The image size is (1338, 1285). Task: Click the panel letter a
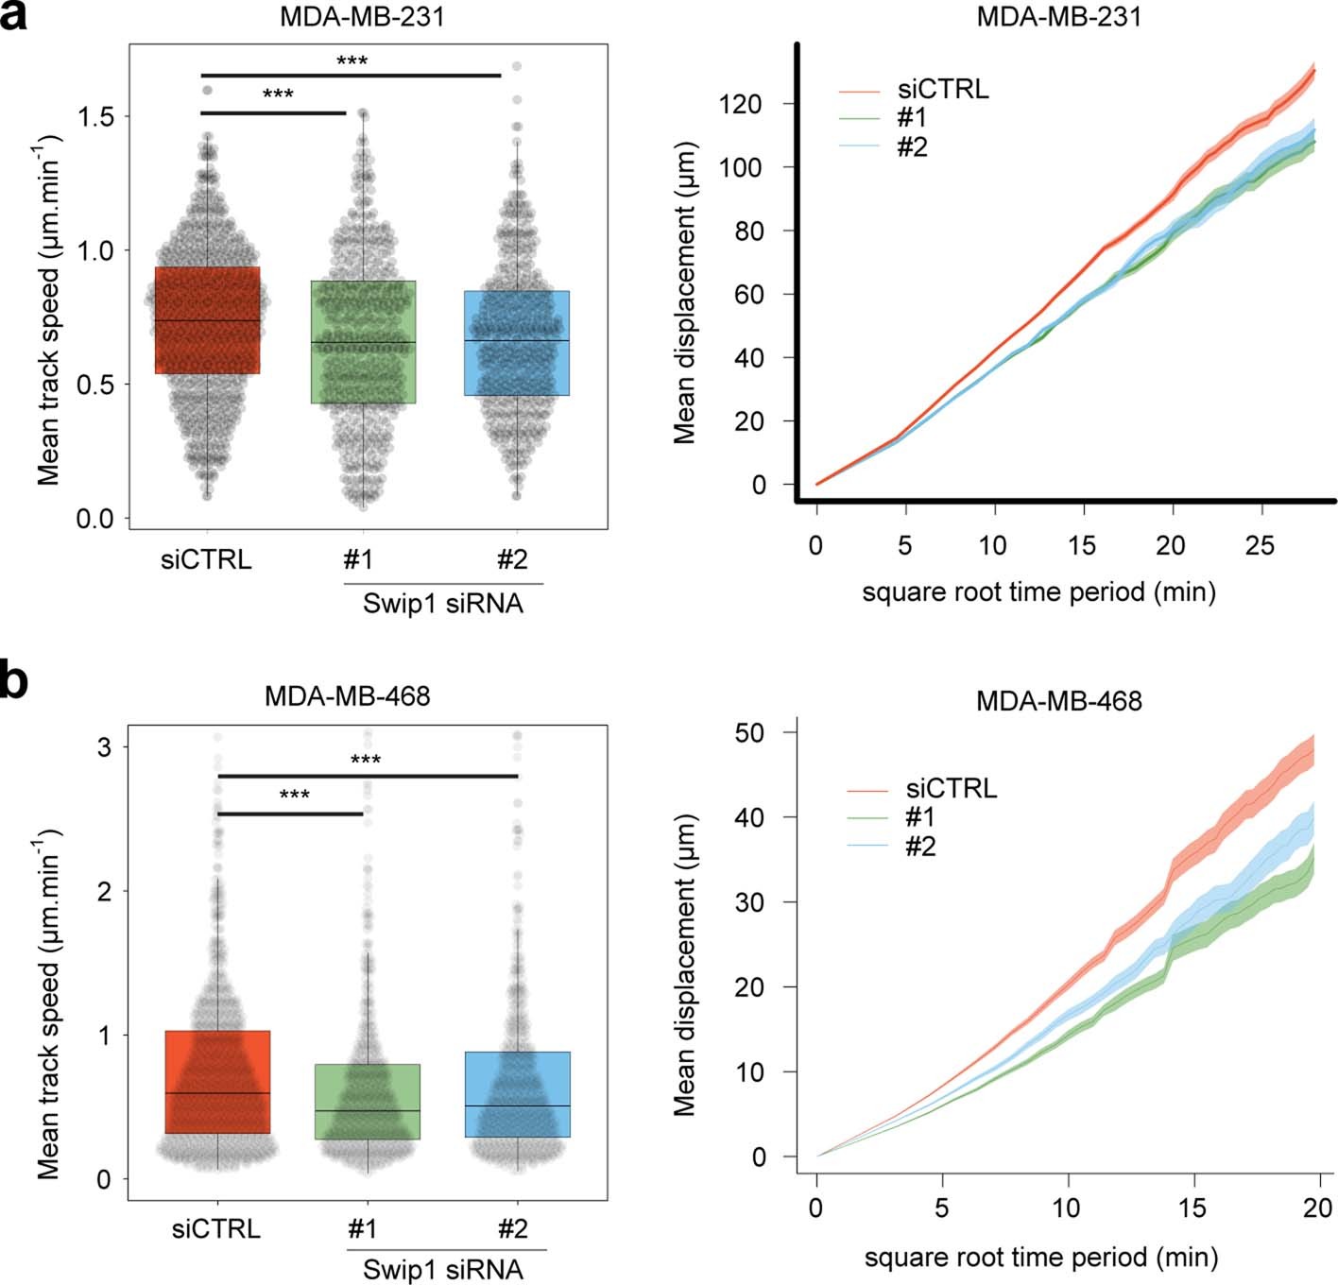tap(13, 17)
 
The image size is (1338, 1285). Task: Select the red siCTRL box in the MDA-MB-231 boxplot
tap(207, 320)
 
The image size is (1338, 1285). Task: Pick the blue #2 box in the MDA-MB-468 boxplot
tap(517, 1094)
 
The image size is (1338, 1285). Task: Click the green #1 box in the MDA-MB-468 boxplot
tap(367, 1102)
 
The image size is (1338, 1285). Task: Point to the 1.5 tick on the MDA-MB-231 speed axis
tap(95, 116)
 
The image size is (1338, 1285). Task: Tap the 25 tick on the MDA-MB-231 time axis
tap(1259, 545)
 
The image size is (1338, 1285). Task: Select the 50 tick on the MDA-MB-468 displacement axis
tap(750, 732)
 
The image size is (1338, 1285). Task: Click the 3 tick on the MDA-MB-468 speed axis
tap(104, 746)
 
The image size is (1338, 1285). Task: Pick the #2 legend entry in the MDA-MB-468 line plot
tap(919, 846)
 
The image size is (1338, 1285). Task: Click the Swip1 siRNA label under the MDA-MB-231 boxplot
tap(442, 604)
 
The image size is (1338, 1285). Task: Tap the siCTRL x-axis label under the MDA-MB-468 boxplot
tap(216, 1228)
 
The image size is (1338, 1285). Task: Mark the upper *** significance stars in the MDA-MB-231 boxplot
tap(352, 61)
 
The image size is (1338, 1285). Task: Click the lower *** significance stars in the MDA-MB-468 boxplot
tap(294, 795)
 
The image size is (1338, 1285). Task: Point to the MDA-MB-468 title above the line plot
tap(1058, 701)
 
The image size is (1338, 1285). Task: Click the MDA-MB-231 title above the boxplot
tap(362, 17)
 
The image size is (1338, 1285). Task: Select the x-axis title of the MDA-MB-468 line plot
tap(1040, 1258)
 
